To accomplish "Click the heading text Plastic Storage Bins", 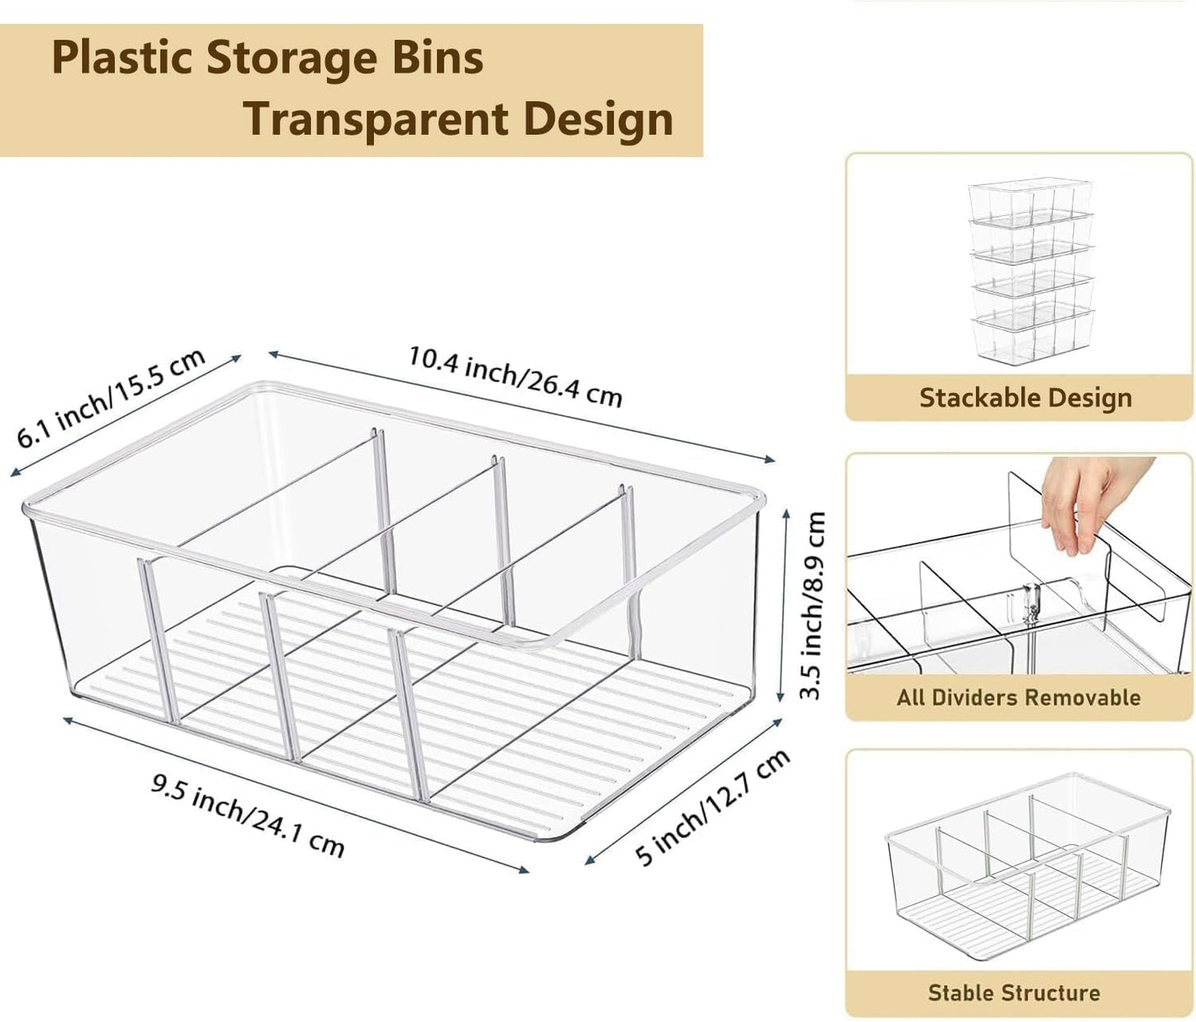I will pos(267,58).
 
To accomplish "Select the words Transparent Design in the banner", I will pos(458,119).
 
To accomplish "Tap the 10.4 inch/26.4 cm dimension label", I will pos(514,377).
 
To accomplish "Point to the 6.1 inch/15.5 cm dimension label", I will pos(111,398).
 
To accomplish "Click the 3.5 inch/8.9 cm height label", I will pos(813,605).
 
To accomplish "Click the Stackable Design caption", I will pos(1025,398).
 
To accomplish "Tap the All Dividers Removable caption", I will pos(1018,697).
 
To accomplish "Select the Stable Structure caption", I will pos(1014,992).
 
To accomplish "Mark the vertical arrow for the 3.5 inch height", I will pos(784,605).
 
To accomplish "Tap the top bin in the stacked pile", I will pos(1030,202).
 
